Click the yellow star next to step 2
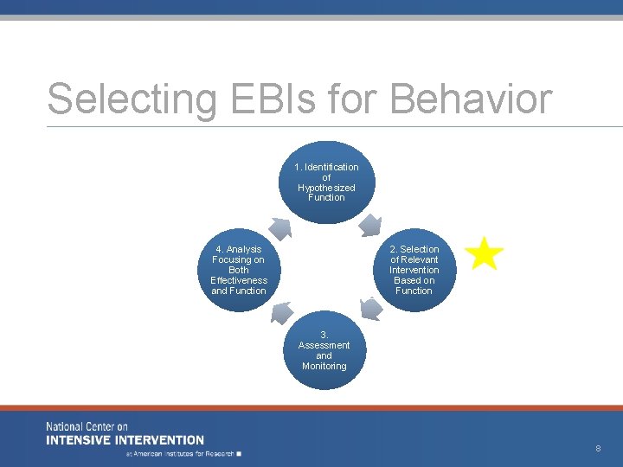click(x=484, y=255)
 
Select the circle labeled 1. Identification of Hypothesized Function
click(x=326, y=182)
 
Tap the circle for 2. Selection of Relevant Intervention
click(x=414, y=270)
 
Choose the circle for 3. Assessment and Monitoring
click(x=324, y=350)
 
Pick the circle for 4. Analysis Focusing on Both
click(x=239, y=270)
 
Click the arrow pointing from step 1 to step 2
click(x=370, y=225)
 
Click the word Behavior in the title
click(x=471, y=99)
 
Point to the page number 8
click(x=597, y=448)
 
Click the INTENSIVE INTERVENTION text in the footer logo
click(x=125, y=440)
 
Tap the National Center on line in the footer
click(x=87, y=427)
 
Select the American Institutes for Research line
click(x=183, y=453)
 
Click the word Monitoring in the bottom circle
click(x=324, y=366)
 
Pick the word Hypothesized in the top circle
click(x=326, y=188)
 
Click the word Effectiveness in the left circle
click(x=239, y=280)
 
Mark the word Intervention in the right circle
click(x=414, y=270)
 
